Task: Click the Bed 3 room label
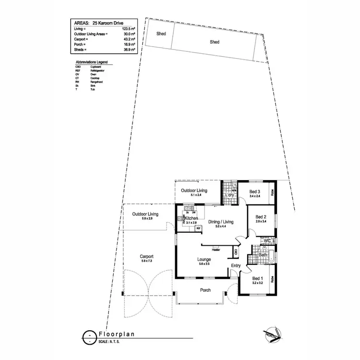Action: click(254, 192)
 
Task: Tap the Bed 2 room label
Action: click(261, 216)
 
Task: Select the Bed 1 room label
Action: click(258, 278)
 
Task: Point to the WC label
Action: click(267, 240)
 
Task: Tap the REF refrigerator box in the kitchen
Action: click(198, 228)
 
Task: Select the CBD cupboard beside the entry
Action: click(236, 252)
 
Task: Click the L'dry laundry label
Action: click(230, 195)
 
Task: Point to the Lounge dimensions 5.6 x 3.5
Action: click(204, 264)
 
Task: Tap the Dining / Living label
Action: click(221, 222)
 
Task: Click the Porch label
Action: click(205, 290)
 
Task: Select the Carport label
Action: click(146, 256)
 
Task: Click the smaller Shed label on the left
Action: click(161, 34)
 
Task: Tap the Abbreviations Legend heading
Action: click(92, 62)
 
